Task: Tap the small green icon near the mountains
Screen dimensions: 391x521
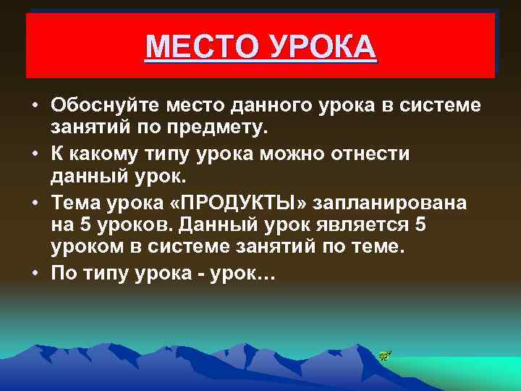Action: [x=384, y=355]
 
